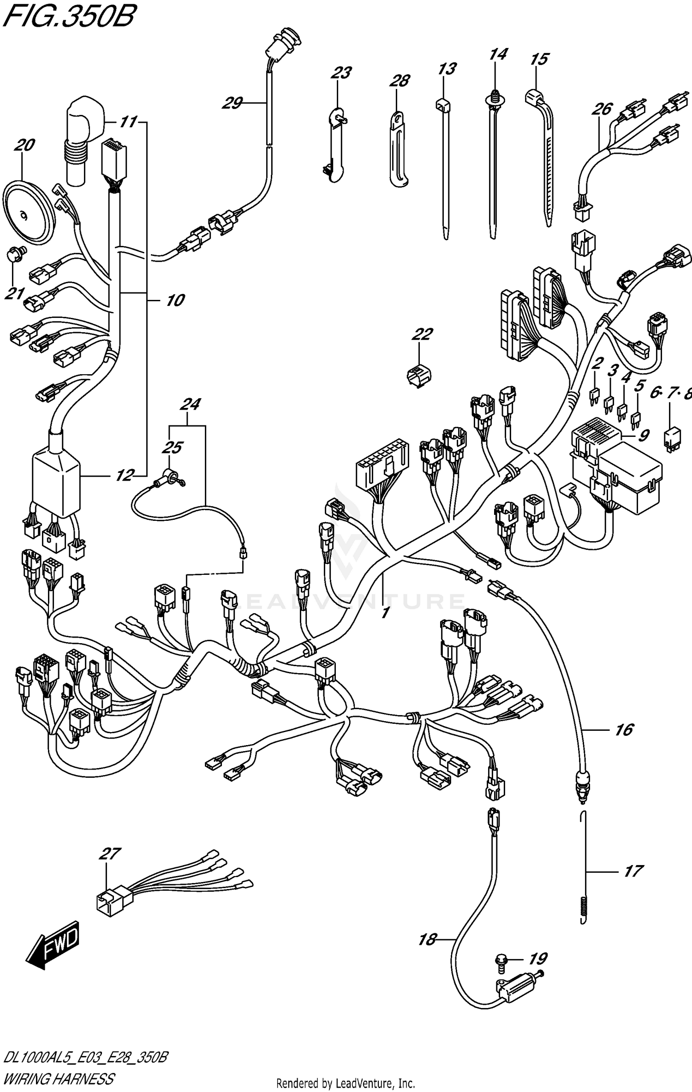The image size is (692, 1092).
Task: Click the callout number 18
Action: tap(427, 940)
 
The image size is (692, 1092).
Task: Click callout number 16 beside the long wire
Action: tap(624, 730)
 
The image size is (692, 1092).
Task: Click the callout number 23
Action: tap(341, 72)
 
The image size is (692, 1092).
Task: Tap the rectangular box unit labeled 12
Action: tap(55, 484)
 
